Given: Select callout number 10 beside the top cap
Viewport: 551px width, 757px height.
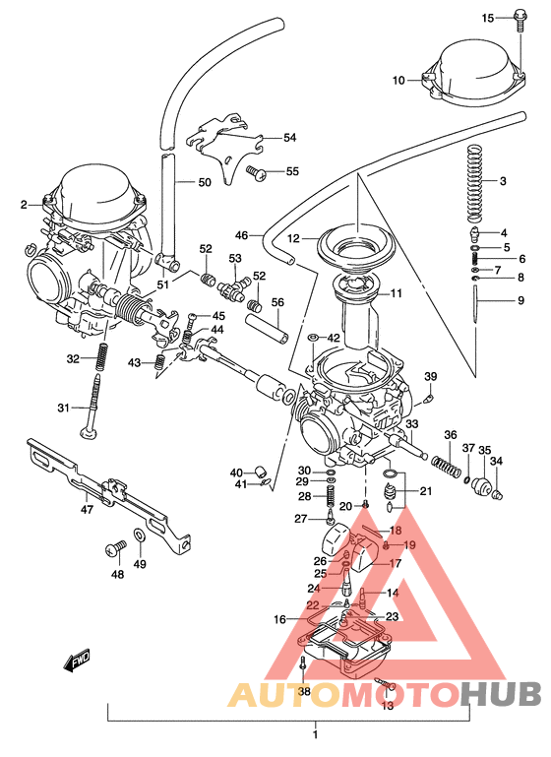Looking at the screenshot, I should (x=398, y=80).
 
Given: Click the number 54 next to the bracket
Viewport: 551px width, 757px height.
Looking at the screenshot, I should (x=289, y=138).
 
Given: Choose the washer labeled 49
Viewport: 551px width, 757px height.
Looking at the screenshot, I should (x=140, y=536).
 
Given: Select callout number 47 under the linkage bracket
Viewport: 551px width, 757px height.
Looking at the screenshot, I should (x=87, y=509).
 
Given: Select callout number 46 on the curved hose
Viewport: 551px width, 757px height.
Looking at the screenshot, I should (x=242, y=236).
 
